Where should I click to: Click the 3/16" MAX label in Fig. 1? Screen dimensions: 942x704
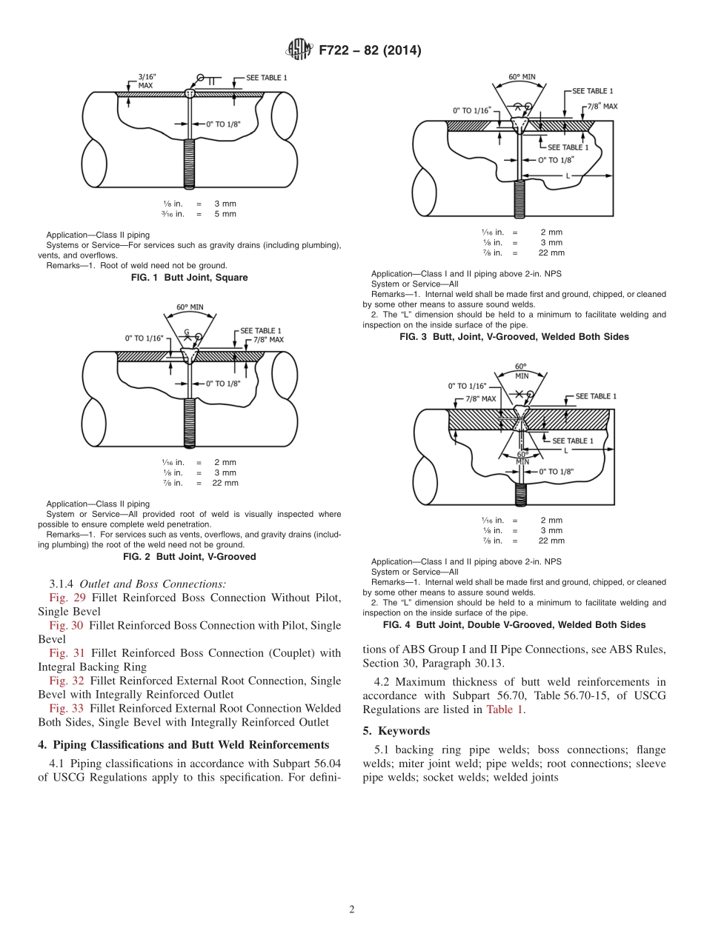coord(147,81)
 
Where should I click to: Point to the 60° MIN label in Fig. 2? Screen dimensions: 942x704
coord(190,307)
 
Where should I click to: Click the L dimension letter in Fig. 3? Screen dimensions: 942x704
coord(567,176)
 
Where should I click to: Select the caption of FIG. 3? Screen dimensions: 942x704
coord(514,337)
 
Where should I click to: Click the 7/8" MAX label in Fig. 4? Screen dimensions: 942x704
coord(480,398)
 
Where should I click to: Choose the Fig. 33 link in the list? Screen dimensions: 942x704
coord(62,709)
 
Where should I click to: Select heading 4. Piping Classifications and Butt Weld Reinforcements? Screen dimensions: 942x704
coord(183,744)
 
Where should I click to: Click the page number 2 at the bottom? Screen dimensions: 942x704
coord(352,909)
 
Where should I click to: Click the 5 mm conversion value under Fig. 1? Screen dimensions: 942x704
coord(225,214)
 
